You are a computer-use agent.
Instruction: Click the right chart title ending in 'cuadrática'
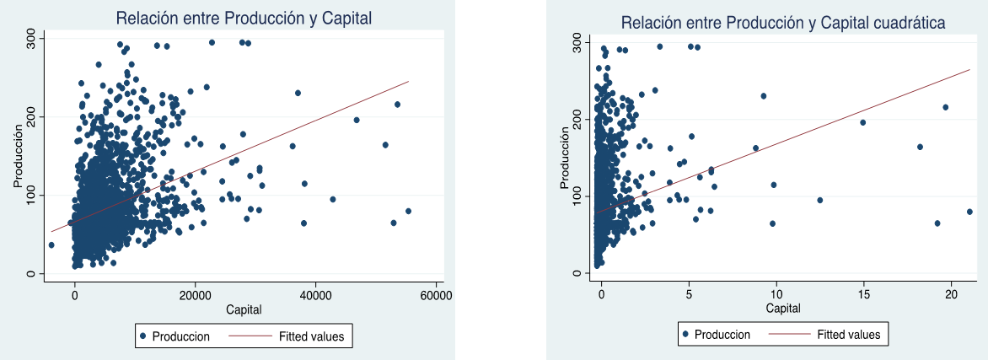tap(783, 23)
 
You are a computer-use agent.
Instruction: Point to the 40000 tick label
tap(316, 295)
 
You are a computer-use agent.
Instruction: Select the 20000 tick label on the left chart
tap(196, 295)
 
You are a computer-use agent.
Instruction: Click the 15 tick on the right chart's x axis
tap(863, 295)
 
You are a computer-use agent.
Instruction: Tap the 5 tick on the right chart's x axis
tap(689, 295)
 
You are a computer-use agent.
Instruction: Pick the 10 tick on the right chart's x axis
tap(776, 295)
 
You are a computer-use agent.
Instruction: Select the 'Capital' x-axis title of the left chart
tap(244, 310)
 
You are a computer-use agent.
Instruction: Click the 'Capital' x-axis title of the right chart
tap(783, 309)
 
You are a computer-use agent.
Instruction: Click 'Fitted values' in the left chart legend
tap(311, 336)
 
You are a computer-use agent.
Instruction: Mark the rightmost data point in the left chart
tap(408, 211)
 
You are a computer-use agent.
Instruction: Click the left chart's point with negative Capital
tap(51, 244)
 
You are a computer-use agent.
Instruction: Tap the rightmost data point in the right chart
tap(969, 212)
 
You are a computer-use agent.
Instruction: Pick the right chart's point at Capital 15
tap(862, 122)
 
